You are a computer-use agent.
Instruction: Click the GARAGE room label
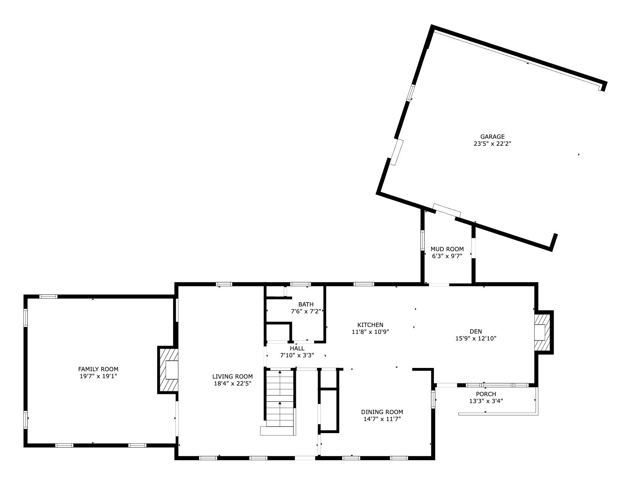click(492, 137)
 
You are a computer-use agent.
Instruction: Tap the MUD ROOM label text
click(447, 249)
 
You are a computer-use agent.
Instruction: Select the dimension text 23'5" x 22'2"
click(492, 144)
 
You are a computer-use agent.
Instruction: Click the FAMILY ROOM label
click(98, 369)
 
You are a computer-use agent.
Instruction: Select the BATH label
click(306, 304)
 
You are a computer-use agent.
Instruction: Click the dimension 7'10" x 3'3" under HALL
click(297, 355)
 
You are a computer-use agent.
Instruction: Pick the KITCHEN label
click(370, 325)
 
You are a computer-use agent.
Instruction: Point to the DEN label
click(476, 331)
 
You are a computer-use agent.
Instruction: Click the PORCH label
click(486, 394)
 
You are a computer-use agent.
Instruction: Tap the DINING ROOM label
click(382, 412)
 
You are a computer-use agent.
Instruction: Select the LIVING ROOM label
click(233, 376)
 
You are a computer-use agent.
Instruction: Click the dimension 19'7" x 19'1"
click(98, 376)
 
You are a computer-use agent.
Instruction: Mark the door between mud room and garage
click(447, 210)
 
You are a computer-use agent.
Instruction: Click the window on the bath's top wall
click(300, 284)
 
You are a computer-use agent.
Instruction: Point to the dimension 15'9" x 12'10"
click(476, 339)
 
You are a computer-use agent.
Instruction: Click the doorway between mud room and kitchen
click(439, 284)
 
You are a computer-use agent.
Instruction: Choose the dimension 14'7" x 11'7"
click(382, 419)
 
